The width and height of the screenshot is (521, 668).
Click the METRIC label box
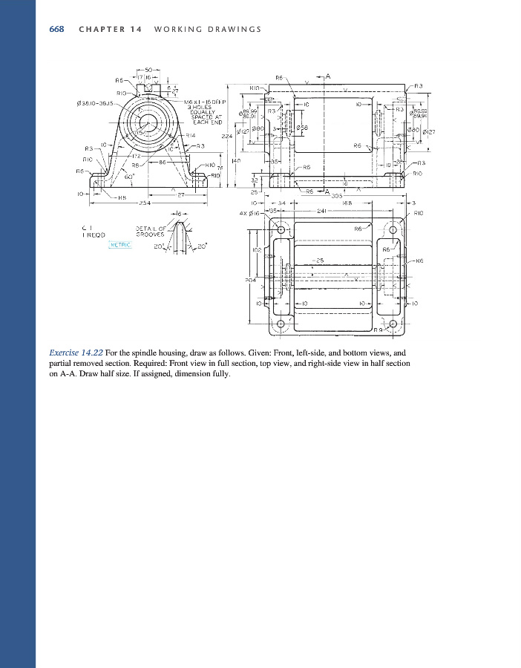point(119,244)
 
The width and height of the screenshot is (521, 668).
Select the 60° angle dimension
point(128,177)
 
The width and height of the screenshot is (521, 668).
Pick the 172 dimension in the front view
point(137,156)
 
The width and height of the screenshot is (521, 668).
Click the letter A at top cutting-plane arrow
point(327,76)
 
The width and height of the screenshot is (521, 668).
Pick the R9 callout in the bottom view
point(379,329)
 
